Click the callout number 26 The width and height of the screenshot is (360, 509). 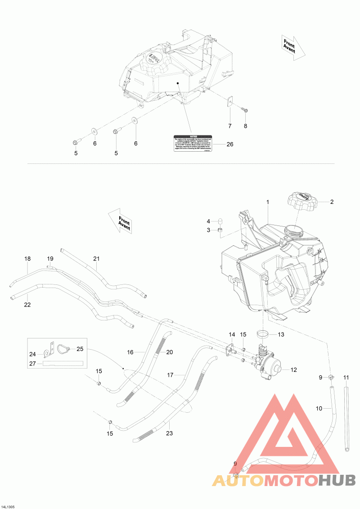[230, 144]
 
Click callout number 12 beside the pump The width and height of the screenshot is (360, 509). [293, 370]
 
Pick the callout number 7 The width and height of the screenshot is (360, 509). [229, 126]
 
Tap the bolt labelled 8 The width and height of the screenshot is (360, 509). [245, 109]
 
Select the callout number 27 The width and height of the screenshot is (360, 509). [32, 363]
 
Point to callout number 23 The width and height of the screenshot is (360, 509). [169, 434]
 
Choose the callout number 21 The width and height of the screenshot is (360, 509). [96, 258]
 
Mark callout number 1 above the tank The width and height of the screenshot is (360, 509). [267, 203]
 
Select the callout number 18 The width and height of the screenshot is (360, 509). [27, 259]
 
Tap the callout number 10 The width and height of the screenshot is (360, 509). [319, 409]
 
